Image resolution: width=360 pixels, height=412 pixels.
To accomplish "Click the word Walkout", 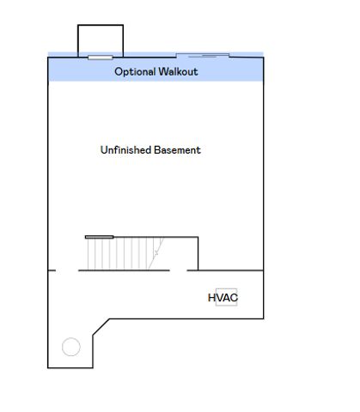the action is (178, 71).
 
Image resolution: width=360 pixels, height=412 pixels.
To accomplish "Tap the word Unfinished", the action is (125, 150).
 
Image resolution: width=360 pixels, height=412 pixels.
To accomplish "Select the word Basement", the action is (177, 150).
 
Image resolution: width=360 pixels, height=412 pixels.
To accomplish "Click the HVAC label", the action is (223, 298).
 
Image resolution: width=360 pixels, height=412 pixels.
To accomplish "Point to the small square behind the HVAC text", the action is (226, 297).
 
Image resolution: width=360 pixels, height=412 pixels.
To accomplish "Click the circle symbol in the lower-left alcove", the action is (71, 347).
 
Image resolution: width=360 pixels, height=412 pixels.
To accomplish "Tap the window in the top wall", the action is (101, 58).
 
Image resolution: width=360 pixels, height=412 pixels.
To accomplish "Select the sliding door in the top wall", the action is (203, 55).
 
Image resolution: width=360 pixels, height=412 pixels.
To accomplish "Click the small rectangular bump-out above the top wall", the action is (101, 25).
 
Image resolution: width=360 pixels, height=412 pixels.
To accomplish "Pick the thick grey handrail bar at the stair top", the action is (100, 237).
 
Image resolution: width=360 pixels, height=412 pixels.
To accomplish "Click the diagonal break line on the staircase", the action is (156, 253).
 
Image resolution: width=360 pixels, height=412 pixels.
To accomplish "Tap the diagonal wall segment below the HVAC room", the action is (101, 327).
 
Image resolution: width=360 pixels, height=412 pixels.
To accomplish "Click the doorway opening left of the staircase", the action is (67, 270).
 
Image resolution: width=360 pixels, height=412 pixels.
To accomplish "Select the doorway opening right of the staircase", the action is (178, 270).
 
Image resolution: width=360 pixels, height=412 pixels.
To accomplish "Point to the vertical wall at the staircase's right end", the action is (198, 253).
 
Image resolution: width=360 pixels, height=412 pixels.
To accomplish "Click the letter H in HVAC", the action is (211, 298).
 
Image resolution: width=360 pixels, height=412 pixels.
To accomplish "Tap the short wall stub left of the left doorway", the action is (52, 270).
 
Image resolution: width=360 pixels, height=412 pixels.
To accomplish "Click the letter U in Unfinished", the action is (104, 150).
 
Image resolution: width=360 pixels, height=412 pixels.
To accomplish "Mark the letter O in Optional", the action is (119, 71).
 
